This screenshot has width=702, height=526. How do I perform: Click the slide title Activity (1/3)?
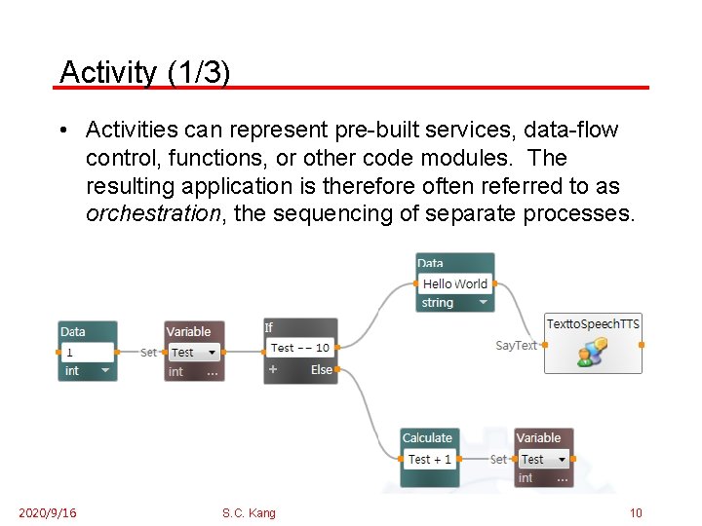[144, 71]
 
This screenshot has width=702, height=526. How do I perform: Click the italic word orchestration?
[152, 213]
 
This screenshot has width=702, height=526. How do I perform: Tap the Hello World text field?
[454, 283]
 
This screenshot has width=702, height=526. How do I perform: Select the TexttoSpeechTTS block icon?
[592, 353]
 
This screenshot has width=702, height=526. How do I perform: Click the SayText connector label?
[516, 346]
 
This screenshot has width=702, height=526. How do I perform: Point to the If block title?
[269, 328]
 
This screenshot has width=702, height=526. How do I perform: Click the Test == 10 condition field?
[300, 348]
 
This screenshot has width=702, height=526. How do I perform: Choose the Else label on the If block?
[322, 370]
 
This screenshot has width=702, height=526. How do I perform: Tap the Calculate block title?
[427, 438]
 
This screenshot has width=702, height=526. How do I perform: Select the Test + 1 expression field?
[430, 459]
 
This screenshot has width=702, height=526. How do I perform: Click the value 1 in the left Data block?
[70, 352]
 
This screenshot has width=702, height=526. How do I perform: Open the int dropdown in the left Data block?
[104, 371]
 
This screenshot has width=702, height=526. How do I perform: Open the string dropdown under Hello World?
[482, 303]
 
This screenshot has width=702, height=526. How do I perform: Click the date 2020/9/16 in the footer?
[47, 513]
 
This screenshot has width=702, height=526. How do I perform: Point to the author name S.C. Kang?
[249, 513]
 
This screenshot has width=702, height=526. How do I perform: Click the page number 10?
[636, 513]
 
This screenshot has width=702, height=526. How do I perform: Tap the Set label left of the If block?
[148, 353]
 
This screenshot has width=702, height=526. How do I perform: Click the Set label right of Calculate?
[498, 459]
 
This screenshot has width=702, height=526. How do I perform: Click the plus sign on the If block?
[273, 370]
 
